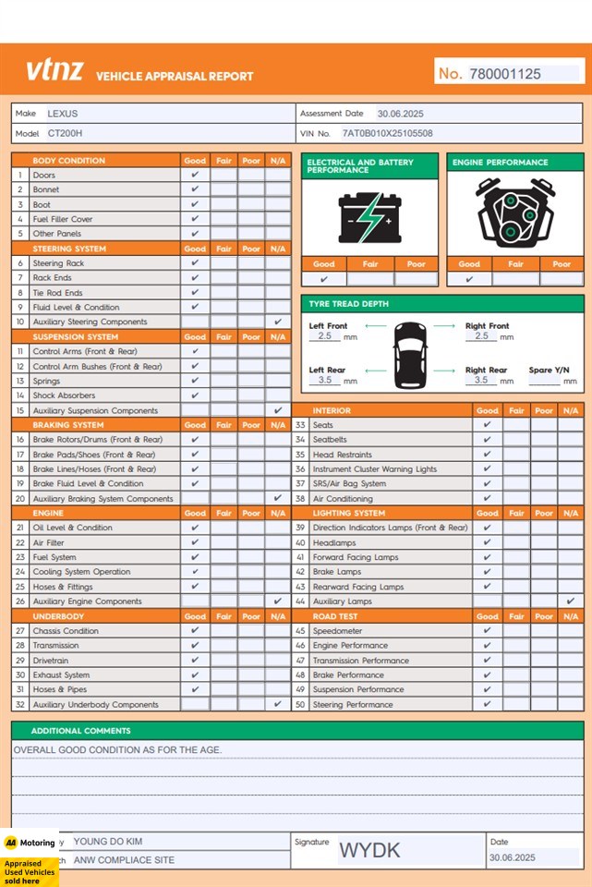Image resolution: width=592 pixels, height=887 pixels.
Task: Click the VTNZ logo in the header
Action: [54, 70]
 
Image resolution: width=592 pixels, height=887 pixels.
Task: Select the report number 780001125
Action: [504, 74]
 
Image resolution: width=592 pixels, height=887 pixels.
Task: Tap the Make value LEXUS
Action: [63, 114]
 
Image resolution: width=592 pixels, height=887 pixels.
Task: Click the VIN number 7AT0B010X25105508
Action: [387, 134]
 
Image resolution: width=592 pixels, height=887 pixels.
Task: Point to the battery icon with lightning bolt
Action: [369, 217]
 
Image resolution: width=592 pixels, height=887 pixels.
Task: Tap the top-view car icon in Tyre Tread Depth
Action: [410, 354]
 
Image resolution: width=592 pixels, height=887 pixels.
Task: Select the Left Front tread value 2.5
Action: [324, 336]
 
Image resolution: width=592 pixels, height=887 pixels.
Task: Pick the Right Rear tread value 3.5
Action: [480, 380]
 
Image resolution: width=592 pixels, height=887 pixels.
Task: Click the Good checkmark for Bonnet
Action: [195, 189]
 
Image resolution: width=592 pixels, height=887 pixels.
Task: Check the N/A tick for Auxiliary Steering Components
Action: [278, 322]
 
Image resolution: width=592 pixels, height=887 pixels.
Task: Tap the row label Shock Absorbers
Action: [64, 395]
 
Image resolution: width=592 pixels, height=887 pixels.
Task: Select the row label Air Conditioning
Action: [343, 499]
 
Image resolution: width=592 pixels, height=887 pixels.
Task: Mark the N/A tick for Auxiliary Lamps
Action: [570, 601]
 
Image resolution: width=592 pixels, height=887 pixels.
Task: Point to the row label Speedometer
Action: [337, 631]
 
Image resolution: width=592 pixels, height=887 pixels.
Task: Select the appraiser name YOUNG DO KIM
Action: [108, 842]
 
